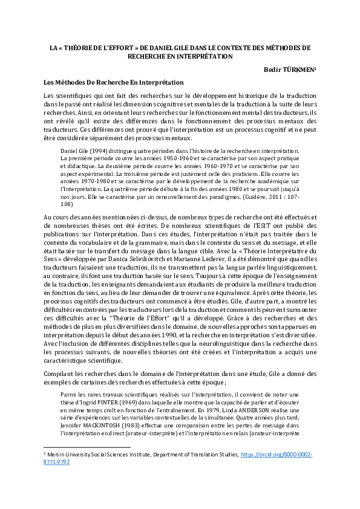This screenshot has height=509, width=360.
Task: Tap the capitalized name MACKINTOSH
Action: pyautogui.click(x=110, y=423)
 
